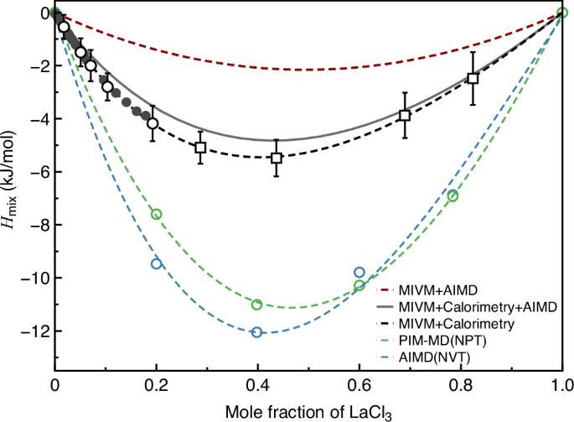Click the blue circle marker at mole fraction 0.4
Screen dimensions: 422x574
pyautogui.click(x=257, y=332)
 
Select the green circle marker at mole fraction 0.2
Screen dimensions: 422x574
pyautogui.click(x=156, y=214)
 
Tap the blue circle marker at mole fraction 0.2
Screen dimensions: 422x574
pyautogui.click(x=156, y=263)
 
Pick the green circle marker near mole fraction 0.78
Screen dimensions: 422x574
pyautogui.click(x=452, y=195)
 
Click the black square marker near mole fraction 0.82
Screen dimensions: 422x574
pyautogui.click(x=473, y=78)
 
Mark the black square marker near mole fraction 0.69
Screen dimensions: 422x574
pyautogui.click(x=405, y=115)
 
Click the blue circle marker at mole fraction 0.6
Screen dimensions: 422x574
pyautogui.click(x=359, y=272)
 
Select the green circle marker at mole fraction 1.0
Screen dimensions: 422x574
pyautogui.click(x=563, y=13)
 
